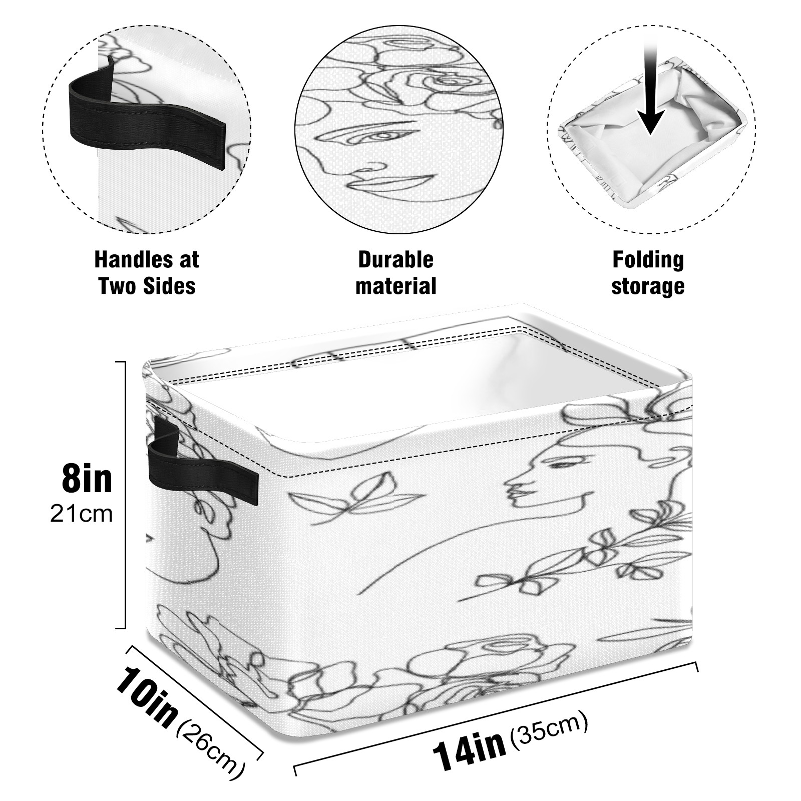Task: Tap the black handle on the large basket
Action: pyautogui.click(x=200, y=466)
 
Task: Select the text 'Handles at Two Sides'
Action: pyautogui.click(x=147, y=273)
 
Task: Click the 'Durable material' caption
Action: pyautogui.click(x=395, y=273)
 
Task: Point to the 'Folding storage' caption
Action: pyautogui.click(x=648, y=273)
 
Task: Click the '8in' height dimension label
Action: pyautogui.click(x=87, y=478)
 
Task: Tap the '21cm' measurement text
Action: pyautogui.click(x=81, y=514)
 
